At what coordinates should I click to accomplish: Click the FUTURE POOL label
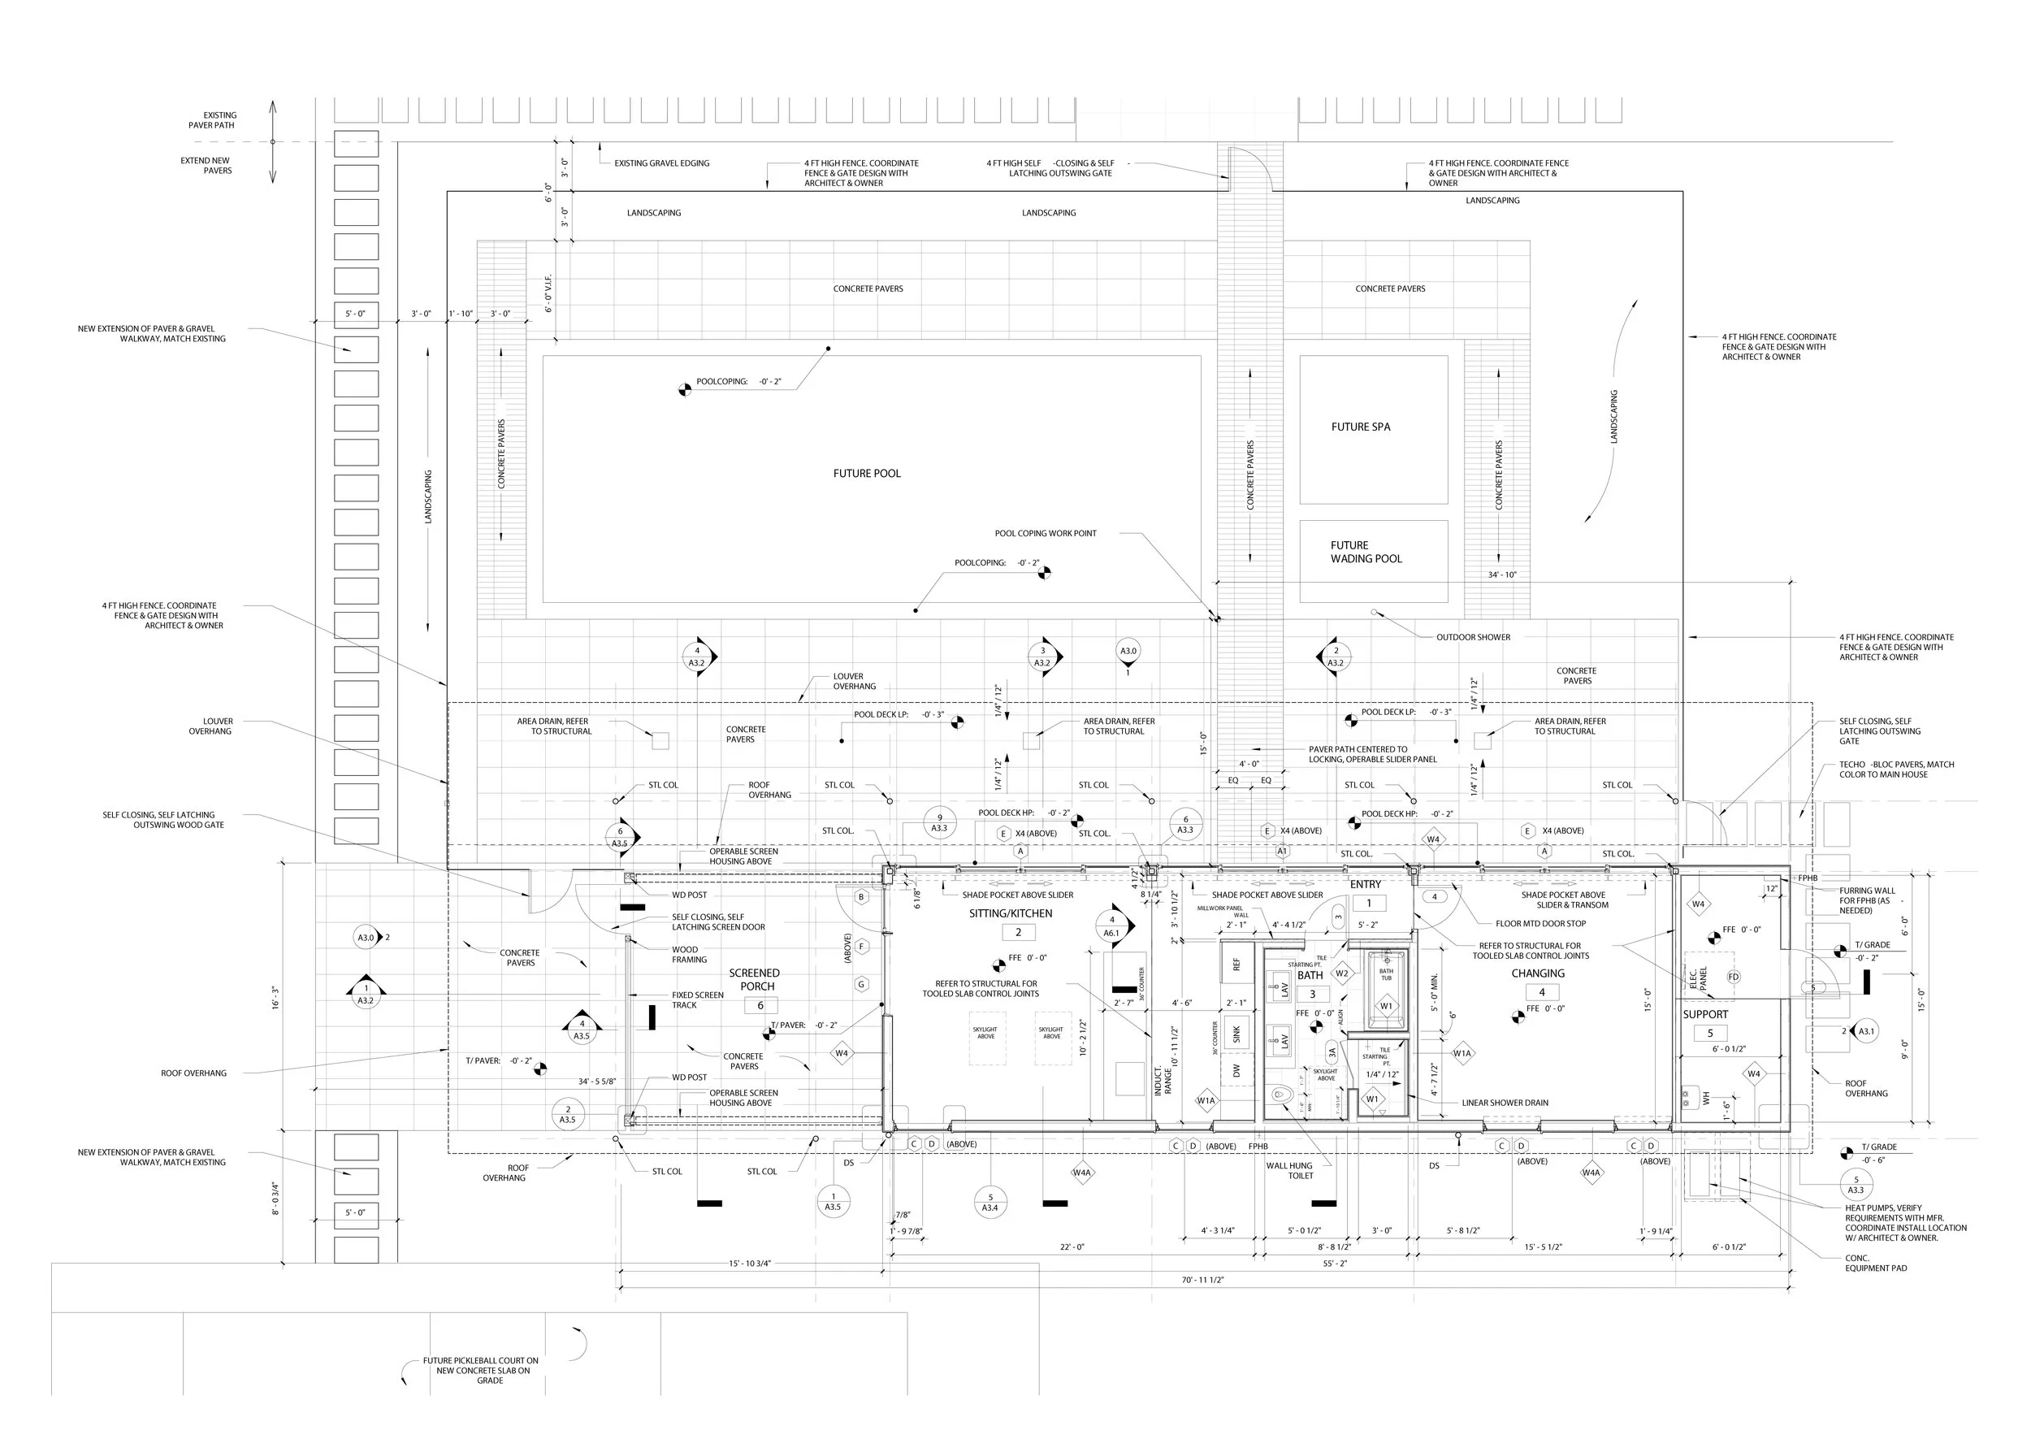pos(866,474)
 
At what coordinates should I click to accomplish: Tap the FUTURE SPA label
pos(1360,427)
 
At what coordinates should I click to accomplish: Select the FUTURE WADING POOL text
pos(1366,552)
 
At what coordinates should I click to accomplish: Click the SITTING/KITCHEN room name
pos(1010,913)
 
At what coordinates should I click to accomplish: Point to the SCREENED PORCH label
pos(754,979)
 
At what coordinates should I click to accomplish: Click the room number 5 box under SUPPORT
pos(1709,1034)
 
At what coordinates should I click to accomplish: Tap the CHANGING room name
pos(1537,973)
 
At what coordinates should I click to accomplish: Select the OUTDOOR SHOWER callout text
pos(1472,638)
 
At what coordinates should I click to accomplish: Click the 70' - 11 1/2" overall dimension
pos(1202,1280)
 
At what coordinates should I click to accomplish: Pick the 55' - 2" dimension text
pos(1335,1264)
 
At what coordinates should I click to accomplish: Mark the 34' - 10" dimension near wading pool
pos(1501,575)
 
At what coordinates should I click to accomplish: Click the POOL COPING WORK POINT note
pos(1046,533)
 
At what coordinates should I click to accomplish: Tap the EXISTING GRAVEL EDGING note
pos(661,163)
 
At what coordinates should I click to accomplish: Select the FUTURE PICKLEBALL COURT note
pos(481,1371)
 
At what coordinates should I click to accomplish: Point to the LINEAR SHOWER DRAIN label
pos(1505,1103)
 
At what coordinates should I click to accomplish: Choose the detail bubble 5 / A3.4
pos(990,1202)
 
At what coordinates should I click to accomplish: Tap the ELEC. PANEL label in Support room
pos(1698,979)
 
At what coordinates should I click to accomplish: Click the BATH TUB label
pos(1386,974)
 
